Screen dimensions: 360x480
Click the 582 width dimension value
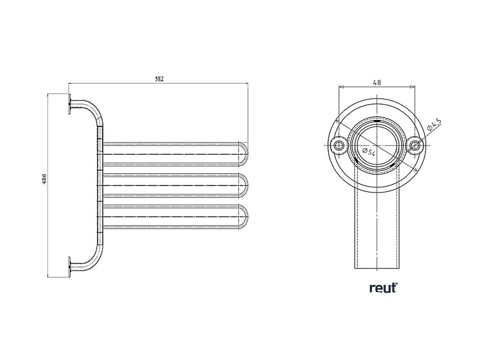pos(159,79)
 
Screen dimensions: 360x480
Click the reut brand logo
pos(383,288)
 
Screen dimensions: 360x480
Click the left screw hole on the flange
pos(339,146)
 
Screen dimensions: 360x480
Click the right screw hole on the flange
pos(415,146)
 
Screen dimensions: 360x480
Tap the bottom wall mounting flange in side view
pos(67,267)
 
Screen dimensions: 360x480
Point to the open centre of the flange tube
pos(377,146)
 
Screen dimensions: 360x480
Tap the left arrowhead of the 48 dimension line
pos(342,87)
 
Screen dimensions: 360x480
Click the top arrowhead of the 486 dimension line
pos(49,96)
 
